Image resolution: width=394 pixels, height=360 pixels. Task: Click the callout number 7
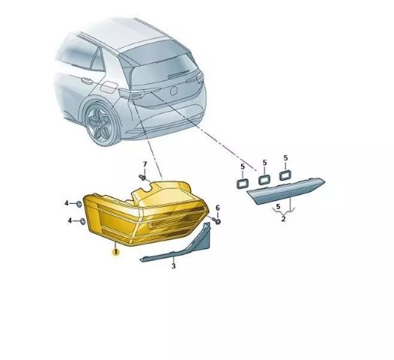click(x=145, y=164)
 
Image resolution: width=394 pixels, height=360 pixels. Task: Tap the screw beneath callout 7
click(x=142, y=177)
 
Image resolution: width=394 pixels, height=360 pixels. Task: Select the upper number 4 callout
click(x=67, y=203)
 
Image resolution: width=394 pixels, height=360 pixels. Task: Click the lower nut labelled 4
click(x=82, y=221)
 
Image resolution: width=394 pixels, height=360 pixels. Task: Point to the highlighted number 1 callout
click(x=116, y=251)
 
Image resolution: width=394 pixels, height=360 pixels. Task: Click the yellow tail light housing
click(x=147, y=214)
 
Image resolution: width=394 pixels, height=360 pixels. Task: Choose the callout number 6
click(x=218, y=208)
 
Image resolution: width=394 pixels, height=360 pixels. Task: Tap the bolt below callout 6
click(x=216, y=221)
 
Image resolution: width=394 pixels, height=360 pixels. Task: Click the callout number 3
click(x=174, y=265)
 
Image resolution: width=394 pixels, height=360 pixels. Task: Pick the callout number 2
click(x=283, y=218)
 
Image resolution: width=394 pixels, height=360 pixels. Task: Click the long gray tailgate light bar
click(x=286, y=190)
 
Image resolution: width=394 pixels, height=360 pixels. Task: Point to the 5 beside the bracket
click(x=278, y=207)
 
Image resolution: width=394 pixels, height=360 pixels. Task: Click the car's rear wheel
click(x=100, y=124)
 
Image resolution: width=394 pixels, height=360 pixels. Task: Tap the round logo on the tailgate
click(x=174, y=91)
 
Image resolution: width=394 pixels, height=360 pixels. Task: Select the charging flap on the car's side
click(x=109, y=87)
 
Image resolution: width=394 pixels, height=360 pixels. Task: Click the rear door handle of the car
click(x=86, y=80)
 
